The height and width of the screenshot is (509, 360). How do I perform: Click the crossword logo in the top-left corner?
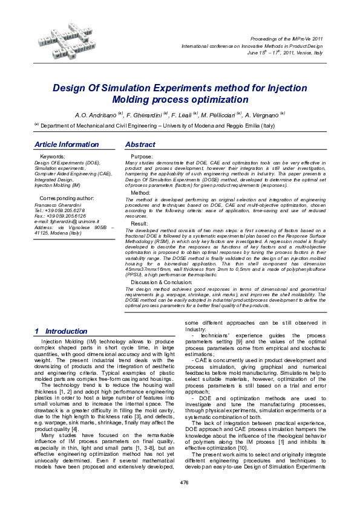click(64, 39)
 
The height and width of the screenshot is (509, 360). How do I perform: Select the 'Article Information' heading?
click(67, 145)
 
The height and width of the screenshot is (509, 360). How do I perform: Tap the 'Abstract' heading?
click(140, 145)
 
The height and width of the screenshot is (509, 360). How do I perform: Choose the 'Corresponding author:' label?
click(67, 198)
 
